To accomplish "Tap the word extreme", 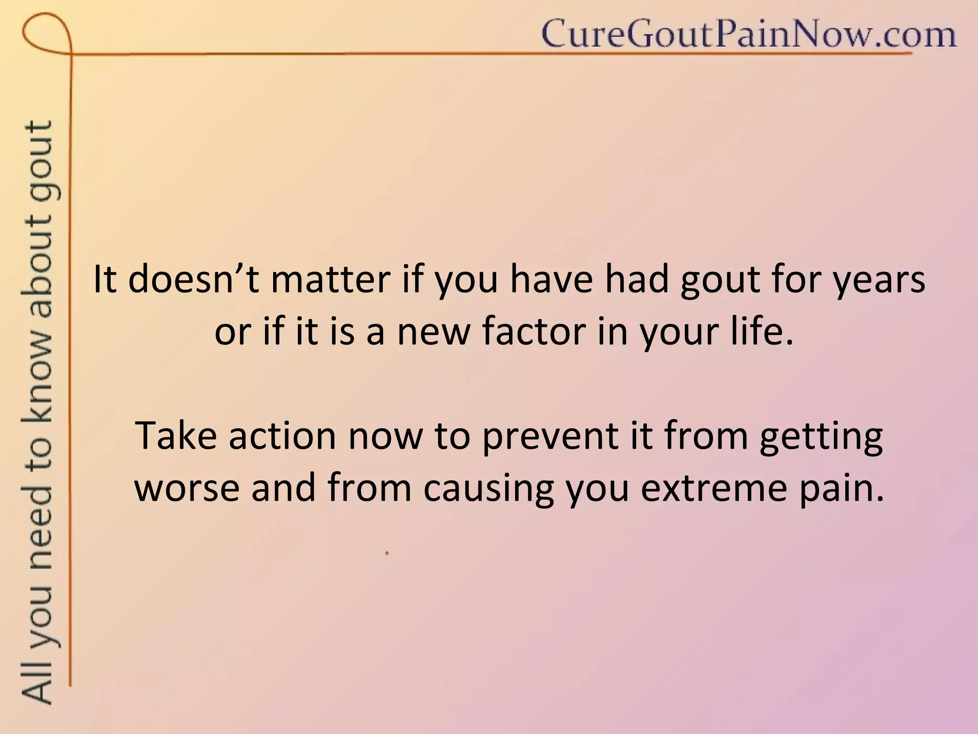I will click(713, 488).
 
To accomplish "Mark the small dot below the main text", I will click(387, 553).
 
